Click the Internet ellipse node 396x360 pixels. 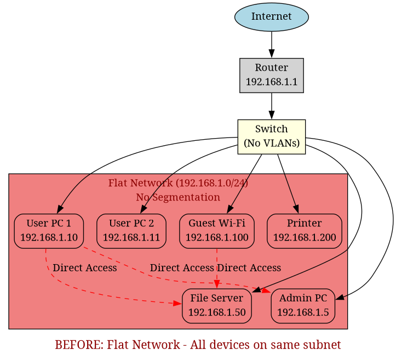[271, 17]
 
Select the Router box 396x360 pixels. [271, 75]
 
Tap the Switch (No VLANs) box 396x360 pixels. [271, 136]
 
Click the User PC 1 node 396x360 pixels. [49, 231]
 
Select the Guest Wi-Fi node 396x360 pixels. [216, 231]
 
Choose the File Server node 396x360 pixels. [217, 306]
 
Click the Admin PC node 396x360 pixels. [303, 306]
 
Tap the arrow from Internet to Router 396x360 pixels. [271, 44]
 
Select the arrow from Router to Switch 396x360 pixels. [271, 106]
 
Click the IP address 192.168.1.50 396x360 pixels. [217, 312]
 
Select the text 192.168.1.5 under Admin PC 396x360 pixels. [303, 312]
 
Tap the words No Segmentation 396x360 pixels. [178, 197]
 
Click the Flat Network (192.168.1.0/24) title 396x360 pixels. [178, 183]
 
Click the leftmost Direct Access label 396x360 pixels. [84, 268]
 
